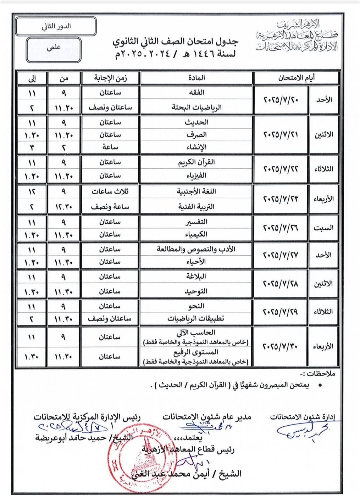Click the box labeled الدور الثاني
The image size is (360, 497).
[x=56, y=26]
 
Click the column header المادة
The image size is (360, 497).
[x=196, y=78]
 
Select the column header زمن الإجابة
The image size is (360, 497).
[x=110, y=78]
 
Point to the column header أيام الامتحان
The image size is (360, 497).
[x=297, y=78]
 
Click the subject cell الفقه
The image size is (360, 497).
[x=196, y=93]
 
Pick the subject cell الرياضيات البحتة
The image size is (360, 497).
[x=196, y=107]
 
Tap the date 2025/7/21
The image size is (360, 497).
[x=281, y=135]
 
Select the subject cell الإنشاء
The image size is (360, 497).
[x=196, y=147]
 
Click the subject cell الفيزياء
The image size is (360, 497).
[x=196, y=176]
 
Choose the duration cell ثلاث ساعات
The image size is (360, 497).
[x=110, y=192]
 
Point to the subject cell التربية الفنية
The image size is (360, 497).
[x=196, y=207]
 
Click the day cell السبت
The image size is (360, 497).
[x=323, y=228]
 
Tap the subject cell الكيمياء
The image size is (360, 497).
[x=196, y=234]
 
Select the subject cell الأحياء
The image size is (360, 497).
[x=196, y=262]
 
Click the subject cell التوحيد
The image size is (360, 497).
[x=196, y=291]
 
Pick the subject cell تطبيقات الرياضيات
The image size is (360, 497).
[x=196, y=318]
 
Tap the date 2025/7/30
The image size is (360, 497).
[x=281, y=346]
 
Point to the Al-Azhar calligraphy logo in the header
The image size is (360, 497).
[x=297, y=35]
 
